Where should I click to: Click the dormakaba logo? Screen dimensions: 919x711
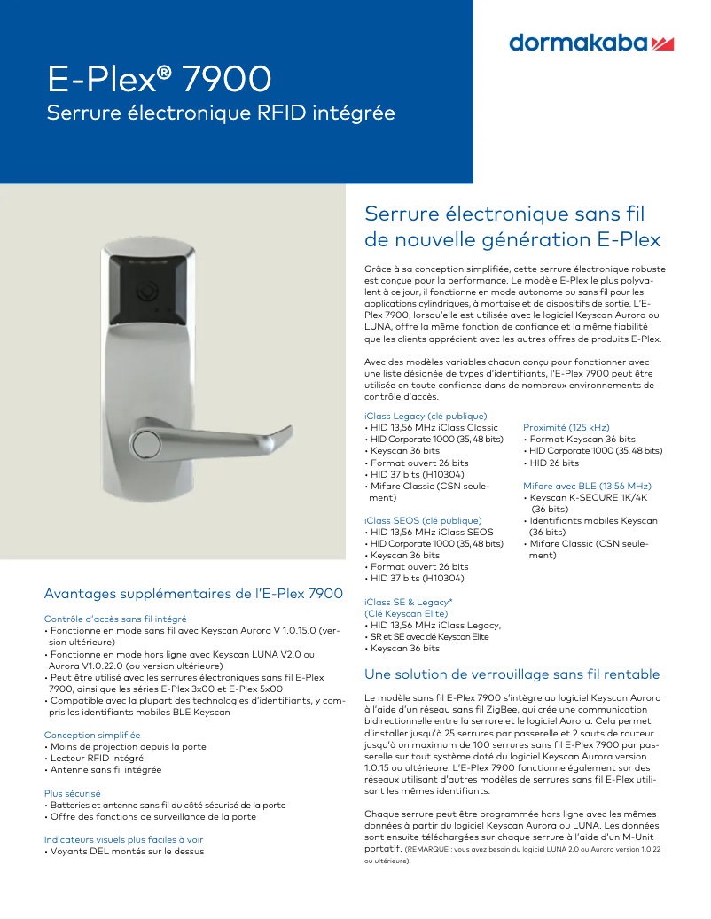(x=591, y=43)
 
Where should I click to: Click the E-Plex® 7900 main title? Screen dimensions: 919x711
(x=159, y=80)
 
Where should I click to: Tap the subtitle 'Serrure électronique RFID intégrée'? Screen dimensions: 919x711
(x=220, y=113)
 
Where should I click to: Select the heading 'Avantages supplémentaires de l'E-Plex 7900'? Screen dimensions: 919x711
(x=193, y=593)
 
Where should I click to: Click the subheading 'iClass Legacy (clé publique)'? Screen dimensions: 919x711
(x=426, y=416)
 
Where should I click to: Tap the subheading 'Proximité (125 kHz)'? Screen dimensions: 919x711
(x=566, y=427)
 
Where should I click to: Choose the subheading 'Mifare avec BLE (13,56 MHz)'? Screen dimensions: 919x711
(x=587, y=486)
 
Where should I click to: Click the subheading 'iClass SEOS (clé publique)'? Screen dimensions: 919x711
(x=423, y=520)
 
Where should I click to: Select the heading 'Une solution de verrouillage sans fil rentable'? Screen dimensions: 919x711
(x=512, y=674)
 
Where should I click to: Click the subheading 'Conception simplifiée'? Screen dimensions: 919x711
(x=92, y=735)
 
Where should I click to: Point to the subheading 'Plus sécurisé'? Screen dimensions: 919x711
(x=72, y=793)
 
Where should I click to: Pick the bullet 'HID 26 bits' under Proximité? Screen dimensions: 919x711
(x=554, y=463)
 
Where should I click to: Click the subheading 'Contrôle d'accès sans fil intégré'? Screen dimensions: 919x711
(x=114, y=619)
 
